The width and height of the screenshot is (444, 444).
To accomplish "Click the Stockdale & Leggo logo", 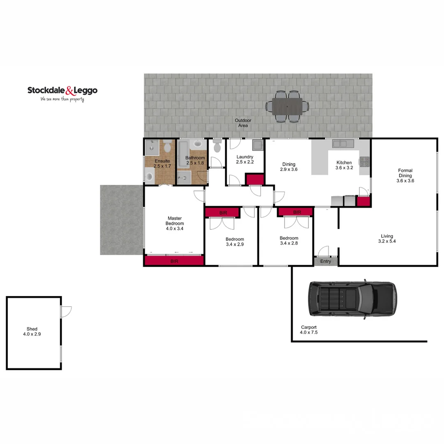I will [62, 93].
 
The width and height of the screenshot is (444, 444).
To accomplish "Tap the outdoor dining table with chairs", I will [287, 106].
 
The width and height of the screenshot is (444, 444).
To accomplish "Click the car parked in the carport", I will [352, 299].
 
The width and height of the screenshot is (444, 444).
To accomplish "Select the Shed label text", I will [32, 332].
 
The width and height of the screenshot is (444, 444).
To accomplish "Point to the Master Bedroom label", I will [175, 223].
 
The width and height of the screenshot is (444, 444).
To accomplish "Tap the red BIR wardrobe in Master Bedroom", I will [174, 261].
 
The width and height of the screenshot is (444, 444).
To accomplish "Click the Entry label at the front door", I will [326, 261].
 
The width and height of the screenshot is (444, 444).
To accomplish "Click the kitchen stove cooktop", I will [364, 162].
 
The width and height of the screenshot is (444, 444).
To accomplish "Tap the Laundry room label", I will [245, 160].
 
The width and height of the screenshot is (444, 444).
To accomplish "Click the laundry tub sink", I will [258, 146].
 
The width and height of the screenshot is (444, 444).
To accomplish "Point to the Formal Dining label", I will [405, 176].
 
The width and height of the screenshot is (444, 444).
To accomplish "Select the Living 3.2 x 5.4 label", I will [387, 239].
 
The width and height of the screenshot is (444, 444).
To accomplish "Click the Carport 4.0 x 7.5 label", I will [308, 330].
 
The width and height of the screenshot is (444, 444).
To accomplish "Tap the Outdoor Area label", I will [243, 123].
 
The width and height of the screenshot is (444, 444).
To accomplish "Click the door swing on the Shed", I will [66, 311].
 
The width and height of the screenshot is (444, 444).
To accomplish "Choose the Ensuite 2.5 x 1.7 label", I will [162, 164].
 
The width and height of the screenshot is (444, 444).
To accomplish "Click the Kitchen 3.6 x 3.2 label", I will [344, 165].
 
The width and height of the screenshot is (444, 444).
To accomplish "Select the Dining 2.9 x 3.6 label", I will [289, 167].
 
